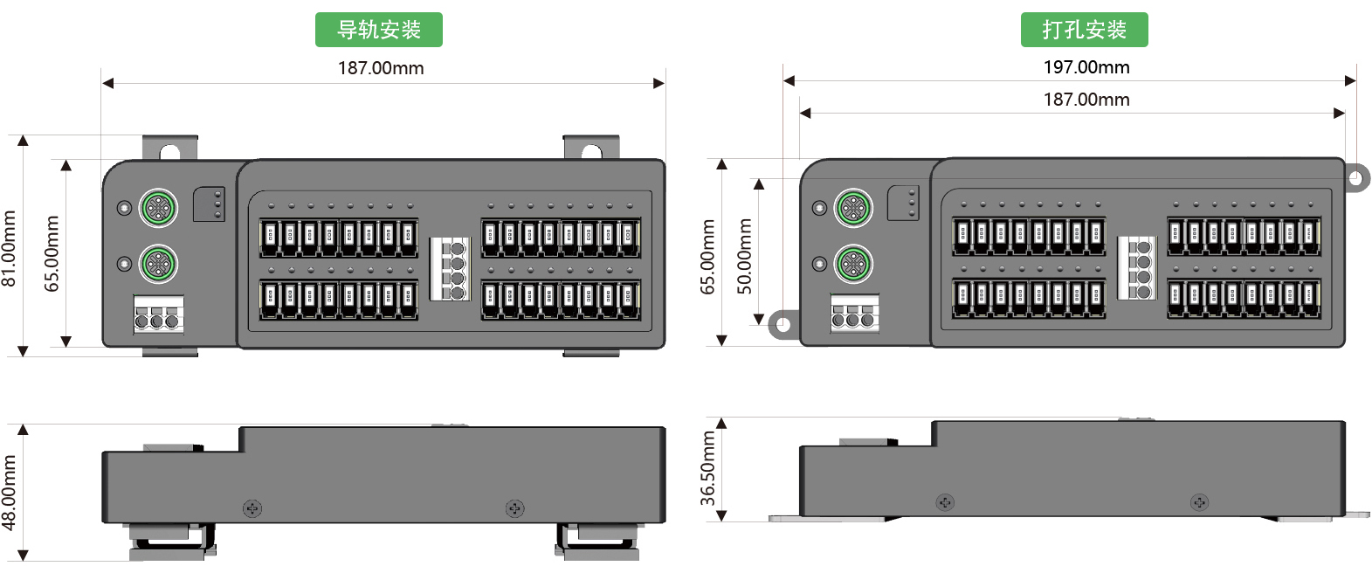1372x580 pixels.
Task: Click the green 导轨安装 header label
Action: pyautogui.click(x=378, y=30)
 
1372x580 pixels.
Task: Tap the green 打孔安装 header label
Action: pyautogui.click(x=1084, y=30)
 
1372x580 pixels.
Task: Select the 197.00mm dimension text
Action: pyautogui.click(x=1086, y=67)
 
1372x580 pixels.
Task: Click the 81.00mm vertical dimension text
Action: pyautogui.click(x=10, y=248)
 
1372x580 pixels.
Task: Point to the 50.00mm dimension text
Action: pyautogui.click(x=744, y=256)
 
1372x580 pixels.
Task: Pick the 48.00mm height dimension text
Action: pyautogui.click(x=10, y=493)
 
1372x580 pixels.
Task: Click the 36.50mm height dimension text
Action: pyautogui.click(x=708, y=468)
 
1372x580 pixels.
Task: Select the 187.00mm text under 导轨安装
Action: pyautogui.click(x=381, y=68)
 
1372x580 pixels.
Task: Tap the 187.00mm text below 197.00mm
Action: pyautogui.click(x=1086, y=100)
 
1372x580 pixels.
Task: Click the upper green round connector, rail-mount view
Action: pyautogui.click(x=158, y=208)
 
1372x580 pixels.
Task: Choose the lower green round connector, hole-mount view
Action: pyautogui.click(x=853, y=264)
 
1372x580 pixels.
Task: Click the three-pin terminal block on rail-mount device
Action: pyautogui.click(x=158, y=315)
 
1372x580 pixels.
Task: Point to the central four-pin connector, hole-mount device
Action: pyautogui.click(x=1137, y=267)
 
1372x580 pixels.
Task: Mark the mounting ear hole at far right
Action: pyautogui.click(x=1355, y=178)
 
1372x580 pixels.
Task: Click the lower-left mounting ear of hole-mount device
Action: pyautogui.click(x=783, y=326)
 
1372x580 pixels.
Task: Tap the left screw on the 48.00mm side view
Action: pyautogui.click(x=252, y=507)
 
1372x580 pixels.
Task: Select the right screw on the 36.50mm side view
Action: pyautogui.click(x=1199, y=502)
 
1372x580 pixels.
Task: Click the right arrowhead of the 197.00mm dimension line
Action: pyautogui.click(x=1350, y=81)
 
